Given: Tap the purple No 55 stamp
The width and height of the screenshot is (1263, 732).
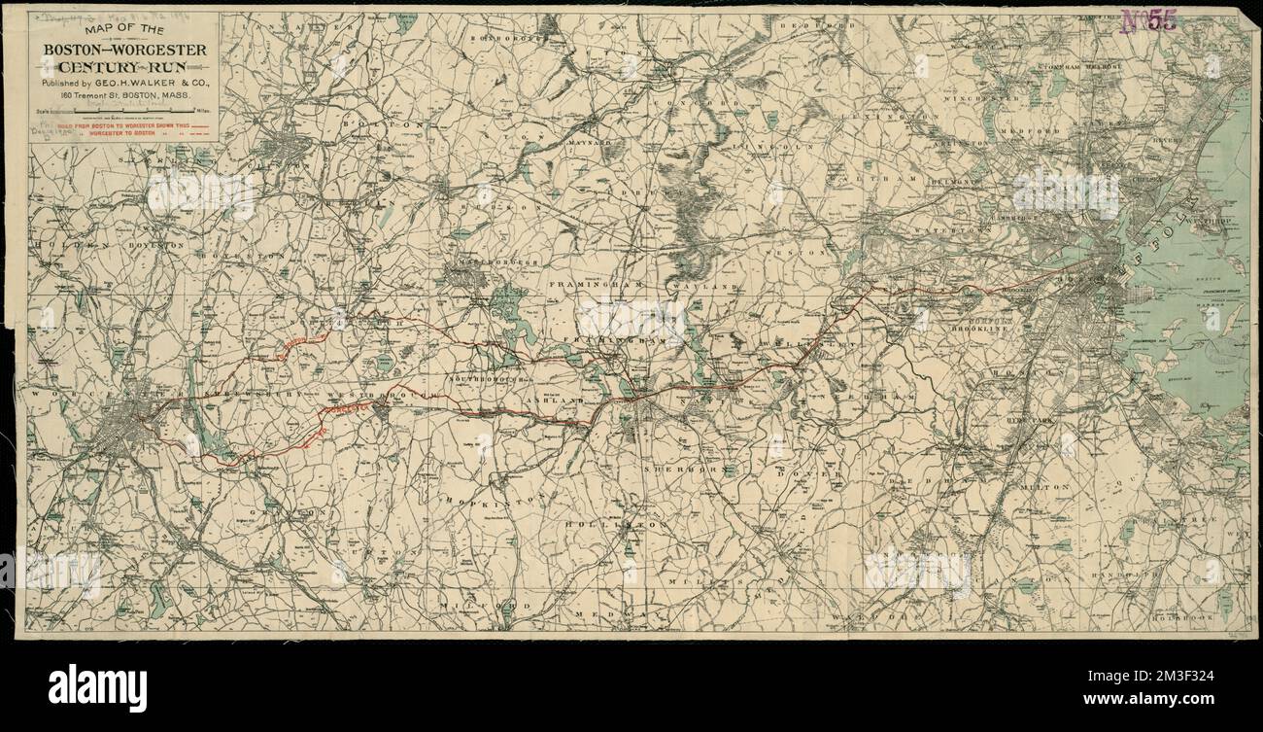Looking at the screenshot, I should (x=1149, y=21).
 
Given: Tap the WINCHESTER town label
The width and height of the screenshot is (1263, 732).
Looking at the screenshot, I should (x=991, y=99).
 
